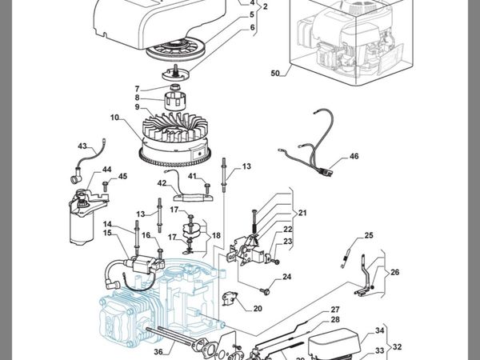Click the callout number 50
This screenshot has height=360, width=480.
275,74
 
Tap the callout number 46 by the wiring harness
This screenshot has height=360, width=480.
354,156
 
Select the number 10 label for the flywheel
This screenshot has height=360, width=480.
114,118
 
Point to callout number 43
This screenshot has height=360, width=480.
82,146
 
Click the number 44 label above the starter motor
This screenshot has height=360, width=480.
106,170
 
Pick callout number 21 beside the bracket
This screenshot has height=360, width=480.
302,213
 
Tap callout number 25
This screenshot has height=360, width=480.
369,235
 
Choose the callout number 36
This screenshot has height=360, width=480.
158,352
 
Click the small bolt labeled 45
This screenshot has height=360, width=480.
106,186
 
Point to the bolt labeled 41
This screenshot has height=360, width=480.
207,188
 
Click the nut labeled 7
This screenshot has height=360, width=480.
174,87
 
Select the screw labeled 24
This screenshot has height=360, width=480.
265,291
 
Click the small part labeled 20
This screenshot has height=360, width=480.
230,298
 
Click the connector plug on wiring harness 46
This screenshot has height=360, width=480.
326,172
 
